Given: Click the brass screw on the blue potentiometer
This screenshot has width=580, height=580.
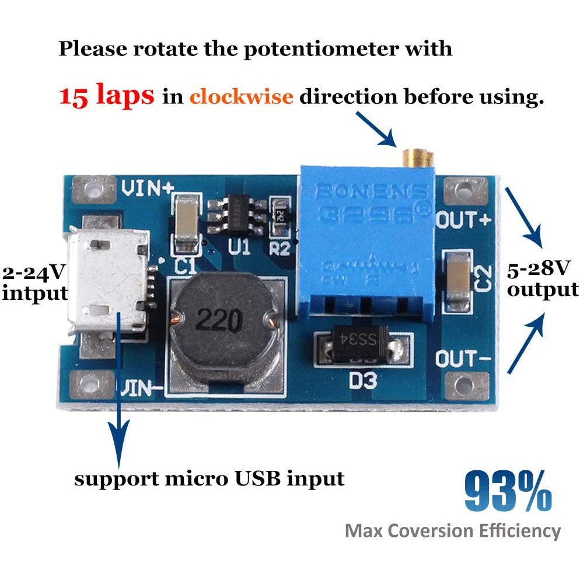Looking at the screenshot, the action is pyautogui.click(x=417, y=156).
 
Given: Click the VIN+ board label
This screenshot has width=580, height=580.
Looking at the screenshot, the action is pyautogui.click(x=148, y=188).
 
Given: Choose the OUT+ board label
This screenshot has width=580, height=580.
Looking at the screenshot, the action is pyautogui.click(x=463, y=221).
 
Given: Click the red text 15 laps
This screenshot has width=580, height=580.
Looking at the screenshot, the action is pyautogui.click(x=107, y=95).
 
